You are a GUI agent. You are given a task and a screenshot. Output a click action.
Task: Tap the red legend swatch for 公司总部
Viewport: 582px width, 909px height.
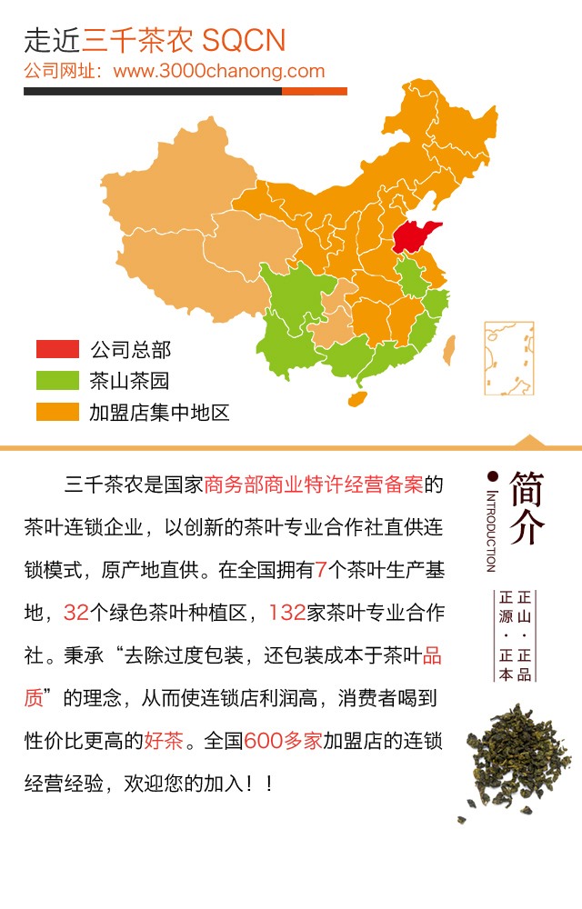(57, 349)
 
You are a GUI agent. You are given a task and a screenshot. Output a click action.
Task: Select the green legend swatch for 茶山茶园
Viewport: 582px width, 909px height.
(57, 381)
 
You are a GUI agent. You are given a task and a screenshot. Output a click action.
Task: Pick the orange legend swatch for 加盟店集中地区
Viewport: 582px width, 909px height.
(57, 412)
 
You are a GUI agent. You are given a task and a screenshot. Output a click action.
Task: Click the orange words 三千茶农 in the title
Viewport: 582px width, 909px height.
(138, 40)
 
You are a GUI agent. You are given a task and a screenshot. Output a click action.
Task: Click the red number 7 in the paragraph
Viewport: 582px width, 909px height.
(321, 571)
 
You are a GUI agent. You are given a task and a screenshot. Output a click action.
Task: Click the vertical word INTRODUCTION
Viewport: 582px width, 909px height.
(492, 532)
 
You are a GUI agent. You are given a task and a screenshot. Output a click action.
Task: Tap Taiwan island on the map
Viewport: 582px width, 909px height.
(447, 349)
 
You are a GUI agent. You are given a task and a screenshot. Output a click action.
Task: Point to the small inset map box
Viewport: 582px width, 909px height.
(508, 359)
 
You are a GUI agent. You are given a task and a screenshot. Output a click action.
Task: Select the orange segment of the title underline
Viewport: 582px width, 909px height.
(315, 91)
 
